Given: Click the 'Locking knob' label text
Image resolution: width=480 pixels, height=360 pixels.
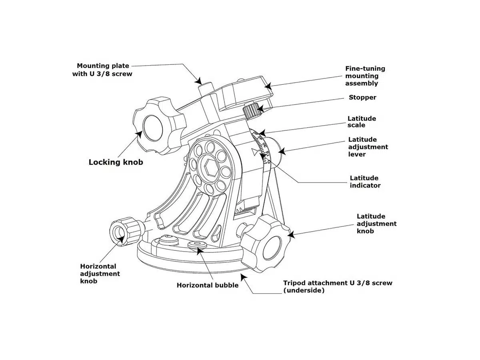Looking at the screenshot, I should [116, 162].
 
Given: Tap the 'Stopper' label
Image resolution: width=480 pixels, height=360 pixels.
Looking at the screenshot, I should [362, 97].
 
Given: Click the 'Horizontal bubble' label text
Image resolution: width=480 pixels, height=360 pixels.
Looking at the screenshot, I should [207, 285].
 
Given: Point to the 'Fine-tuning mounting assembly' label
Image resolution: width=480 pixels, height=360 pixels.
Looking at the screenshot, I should [365, 76].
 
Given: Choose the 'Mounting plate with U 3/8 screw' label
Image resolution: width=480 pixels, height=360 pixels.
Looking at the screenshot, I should [104, 70].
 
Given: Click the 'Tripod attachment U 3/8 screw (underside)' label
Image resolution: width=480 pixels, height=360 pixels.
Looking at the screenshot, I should [337, 286].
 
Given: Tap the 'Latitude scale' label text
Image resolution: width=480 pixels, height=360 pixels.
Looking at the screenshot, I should [362, 122].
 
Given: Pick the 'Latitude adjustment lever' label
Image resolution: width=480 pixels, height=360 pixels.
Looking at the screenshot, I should [368, 147].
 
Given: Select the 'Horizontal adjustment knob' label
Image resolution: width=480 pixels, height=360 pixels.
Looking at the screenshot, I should [100, 274].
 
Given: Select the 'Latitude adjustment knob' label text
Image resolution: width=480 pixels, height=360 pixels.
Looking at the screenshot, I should [376, 224].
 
